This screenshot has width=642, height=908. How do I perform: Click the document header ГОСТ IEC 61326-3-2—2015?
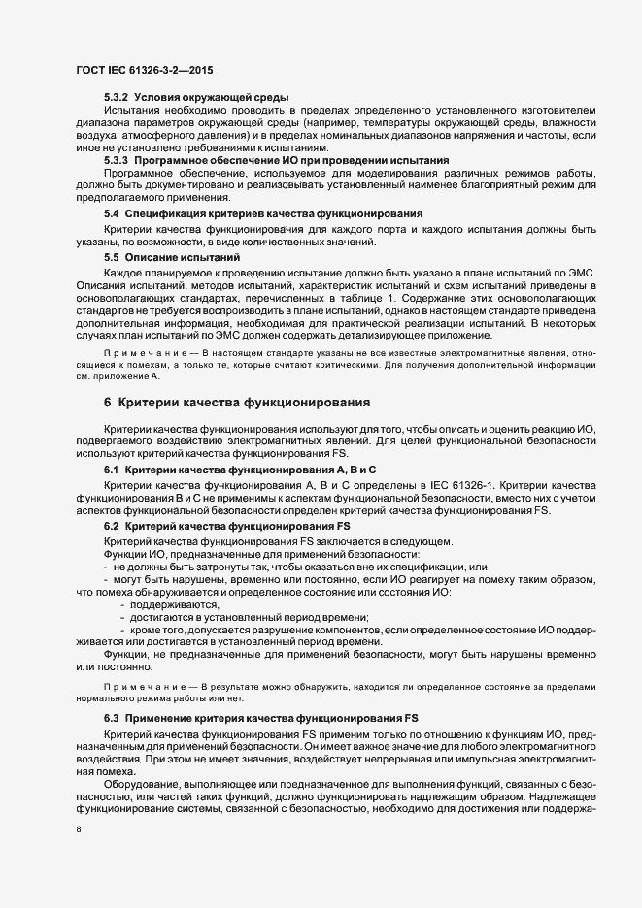[147, 70]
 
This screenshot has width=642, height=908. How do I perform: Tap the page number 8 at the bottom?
[79, 831]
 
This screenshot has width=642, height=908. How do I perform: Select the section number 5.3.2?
[117, 98]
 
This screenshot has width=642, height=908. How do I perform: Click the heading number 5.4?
[111, 212]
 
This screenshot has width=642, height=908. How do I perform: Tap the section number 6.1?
[111, 469]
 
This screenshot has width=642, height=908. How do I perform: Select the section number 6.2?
[111, 525]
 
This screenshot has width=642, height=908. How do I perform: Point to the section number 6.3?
[111, 717]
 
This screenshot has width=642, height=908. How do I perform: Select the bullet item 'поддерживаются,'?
[156, 603]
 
